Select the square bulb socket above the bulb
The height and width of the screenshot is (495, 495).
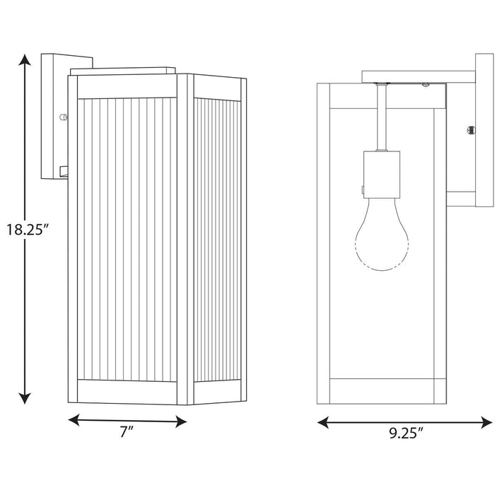coord(381,175)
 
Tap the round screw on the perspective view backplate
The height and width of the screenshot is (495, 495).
coord(64,117)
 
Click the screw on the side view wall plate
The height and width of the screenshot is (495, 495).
coord(470,129)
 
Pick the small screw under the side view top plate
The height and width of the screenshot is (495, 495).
coord(426,86)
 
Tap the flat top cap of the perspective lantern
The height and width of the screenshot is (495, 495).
coord(124,70)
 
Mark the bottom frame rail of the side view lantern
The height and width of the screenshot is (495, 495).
coord(381,388)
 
